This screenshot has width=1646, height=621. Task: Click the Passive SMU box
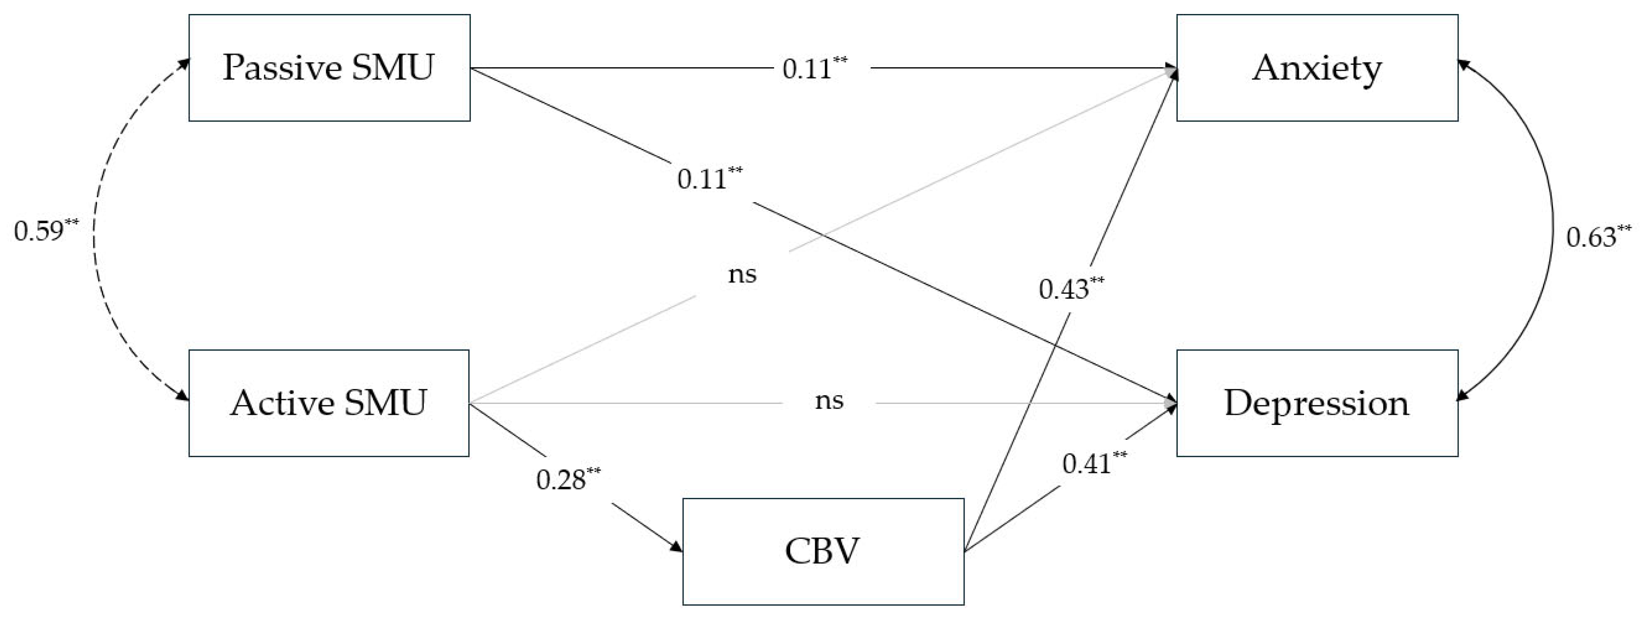pos(329,68)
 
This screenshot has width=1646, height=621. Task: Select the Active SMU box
pos(329,403)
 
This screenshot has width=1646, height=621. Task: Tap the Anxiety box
pos(1317,68)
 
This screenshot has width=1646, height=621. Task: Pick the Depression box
pos(1317,403)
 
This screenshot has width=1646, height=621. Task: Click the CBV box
pos(823,552)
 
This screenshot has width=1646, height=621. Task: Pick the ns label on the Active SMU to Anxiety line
pos(742,274)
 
